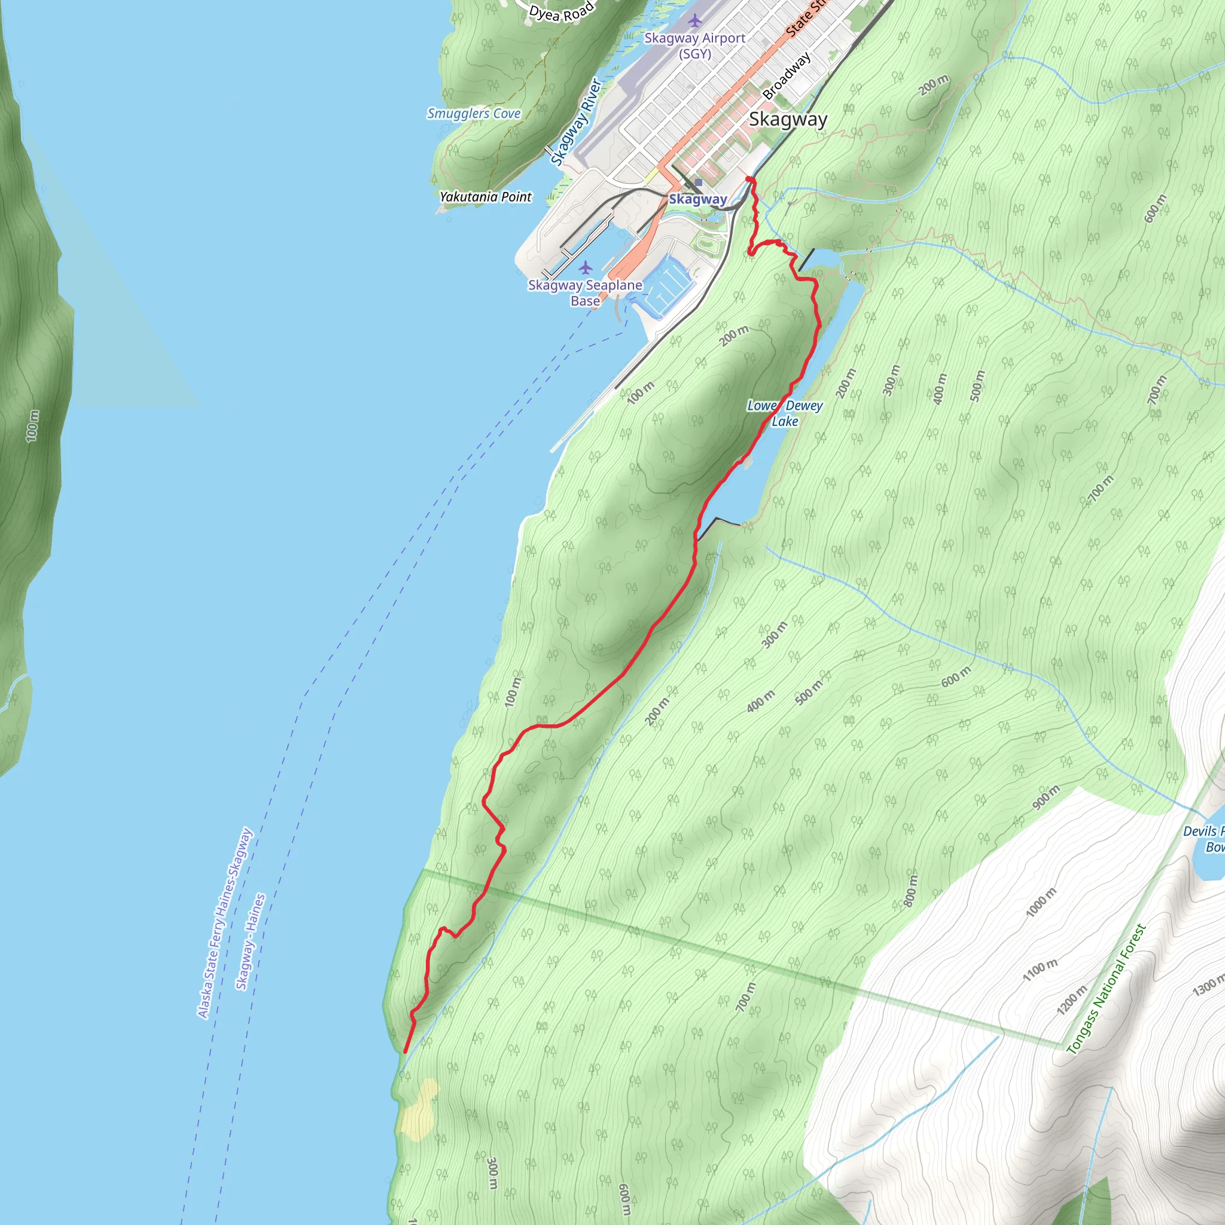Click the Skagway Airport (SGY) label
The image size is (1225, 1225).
(x=694, y=45)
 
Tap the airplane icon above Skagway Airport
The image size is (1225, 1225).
(x=696, y=21)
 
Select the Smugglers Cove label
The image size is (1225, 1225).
(x=474, y=114)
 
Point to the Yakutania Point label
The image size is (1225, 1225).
(x=486, y=197)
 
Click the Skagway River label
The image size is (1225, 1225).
(x=576, y=122)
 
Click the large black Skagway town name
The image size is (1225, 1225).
(x=788, y=119)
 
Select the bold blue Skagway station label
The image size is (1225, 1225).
(x=697, y=199)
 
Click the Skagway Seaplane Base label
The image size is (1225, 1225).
(x=584, y=293)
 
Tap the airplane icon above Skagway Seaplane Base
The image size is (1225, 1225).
(x=585, y=267)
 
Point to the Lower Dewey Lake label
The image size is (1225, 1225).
(x=784, y=413)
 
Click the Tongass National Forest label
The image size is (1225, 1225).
(x=1106, y=989)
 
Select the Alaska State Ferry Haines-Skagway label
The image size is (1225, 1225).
(x=225, y=922)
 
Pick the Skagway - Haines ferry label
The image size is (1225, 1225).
(x=251, y=941)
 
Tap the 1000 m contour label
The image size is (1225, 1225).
(x=1041, y=901)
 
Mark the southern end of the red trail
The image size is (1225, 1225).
(x=406, y=1052)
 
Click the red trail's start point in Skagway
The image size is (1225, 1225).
(x=751, y=181)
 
